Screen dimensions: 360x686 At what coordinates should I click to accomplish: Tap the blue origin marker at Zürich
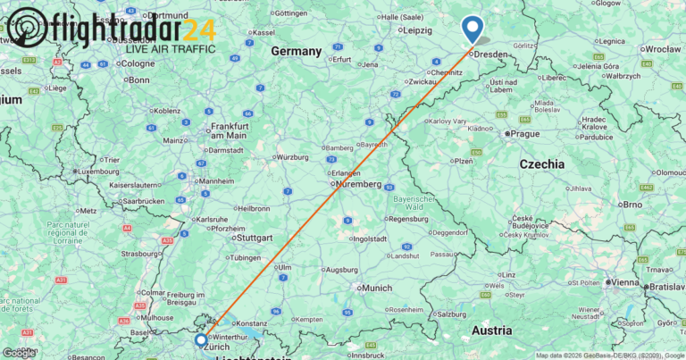[x=201, y=340]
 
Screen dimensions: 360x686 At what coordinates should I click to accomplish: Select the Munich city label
[x=377, y=288]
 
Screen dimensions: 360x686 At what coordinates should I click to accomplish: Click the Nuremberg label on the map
[x=359, y=184]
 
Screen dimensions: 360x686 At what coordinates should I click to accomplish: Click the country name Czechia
[x=542, y=164]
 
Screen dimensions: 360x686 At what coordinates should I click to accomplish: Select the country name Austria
[x=490, y=330]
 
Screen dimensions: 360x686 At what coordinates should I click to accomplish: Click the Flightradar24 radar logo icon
[x=27, y=29]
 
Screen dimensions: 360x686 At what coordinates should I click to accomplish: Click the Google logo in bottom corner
[x=19, y=352]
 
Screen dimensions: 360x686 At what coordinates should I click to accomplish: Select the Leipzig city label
[x=423, y=30]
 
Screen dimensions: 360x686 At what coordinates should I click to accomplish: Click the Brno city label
[x=632, y=205]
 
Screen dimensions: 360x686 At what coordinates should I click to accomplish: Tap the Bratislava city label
[x=666, y=289]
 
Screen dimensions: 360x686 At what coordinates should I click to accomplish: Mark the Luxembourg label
[x=98, y=171]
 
